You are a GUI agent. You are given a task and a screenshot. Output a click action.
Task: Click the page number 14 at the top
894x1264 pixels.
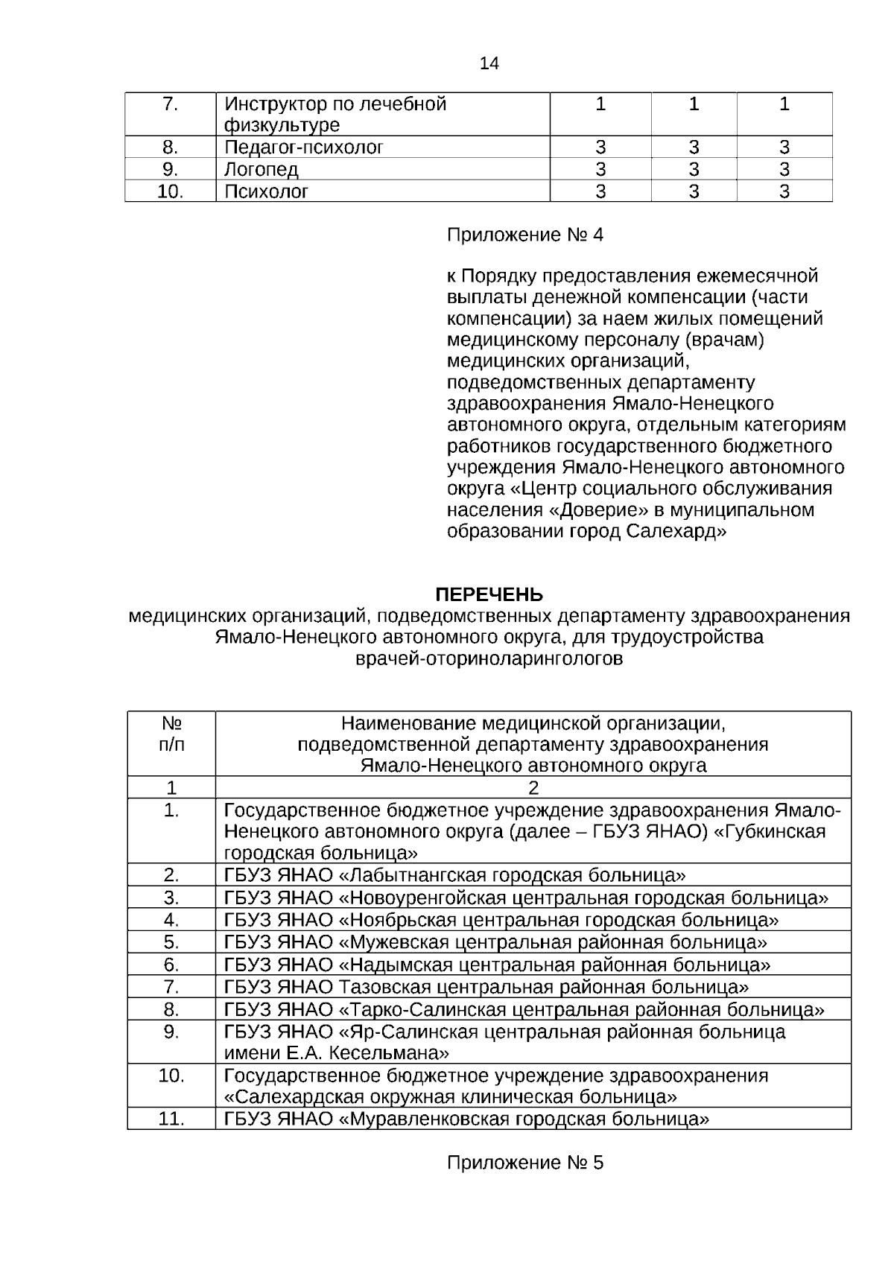pyautogui.click(x=489, y=63)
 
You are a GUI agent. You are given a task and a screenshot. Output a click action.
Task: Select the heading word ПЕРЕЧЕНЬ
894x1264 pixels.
pyautogui.click(x=489, y=594)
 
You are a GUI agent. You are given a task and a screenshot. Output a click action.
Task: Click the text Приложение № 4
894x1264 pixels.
pyautogui.click(x=524, y=235)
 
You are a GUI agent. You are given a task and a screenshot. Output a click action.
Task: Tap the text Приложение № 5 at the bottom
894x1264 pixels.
pyautogui.click(x=524, y=1163)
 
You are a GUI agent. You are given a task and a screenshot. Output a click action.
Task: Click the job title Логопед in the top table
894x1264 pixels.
pyautogui.click(x=261, y=169)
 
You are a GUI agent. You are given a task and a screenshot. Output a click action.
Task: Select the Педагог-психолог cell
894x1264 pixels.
pyautogui.click(x=304, y=147)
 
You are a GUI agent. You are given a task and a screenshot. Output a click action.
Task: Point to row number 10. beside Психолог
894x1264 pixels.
pyautogui.click(x=171, y=191)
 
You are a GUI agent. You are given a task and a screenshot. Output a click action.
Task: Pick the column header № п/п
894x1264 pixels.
pyautogui.click(x=172, y=734)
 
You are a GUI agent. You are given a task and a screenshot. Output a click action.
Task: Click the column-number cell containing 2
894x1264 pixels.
pyautogui.click(x=533, y=787)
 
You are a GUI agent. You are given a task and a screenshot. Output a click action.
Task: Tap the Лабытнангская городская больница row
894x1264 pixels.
pyautogui.click(x=454, y=874)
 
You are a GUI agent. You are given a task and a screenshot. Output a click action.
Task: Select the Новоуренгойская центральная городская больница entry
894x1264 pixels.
pyautogui.click(x=525, y=898)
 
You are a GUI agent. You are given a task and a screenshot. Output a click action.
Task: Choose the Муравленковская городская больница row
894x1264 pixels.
pyautogui.click(x=466, y=1119)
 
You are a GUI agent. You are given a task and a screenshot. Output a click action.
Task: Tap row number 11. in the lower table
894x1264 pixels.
pyautogui.click(x=171, y=1119)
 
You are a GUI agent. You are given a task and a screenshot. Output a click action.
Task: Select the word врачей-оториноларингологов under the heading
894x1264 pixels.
pyautogui.click(x=489, y=659)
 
